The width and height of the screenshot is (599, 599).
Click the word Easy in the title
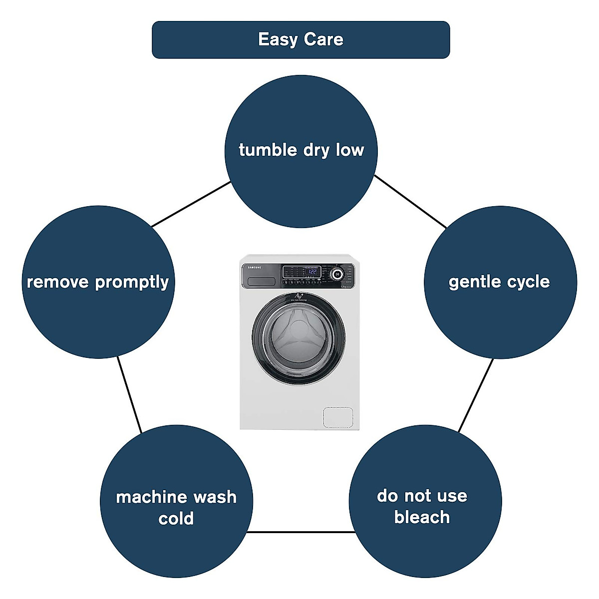(278, 40)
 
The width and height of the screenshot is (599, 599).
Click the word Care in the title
(324, 40)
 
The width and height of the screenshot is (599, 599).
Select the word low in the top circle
(350, 150)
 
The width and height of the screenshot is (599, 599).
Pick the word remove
(58, 282)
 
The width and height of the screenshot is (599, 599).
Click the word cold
(176, 519)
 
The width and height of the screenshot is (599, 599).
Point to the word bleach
(422, 517)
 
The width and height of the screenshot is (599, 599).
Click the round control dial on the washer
(337, 274)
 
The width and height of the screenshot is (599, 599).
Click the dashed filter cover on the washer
(338, 417)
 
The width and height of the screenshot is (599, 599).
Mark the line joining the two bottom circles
(300, 532)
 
